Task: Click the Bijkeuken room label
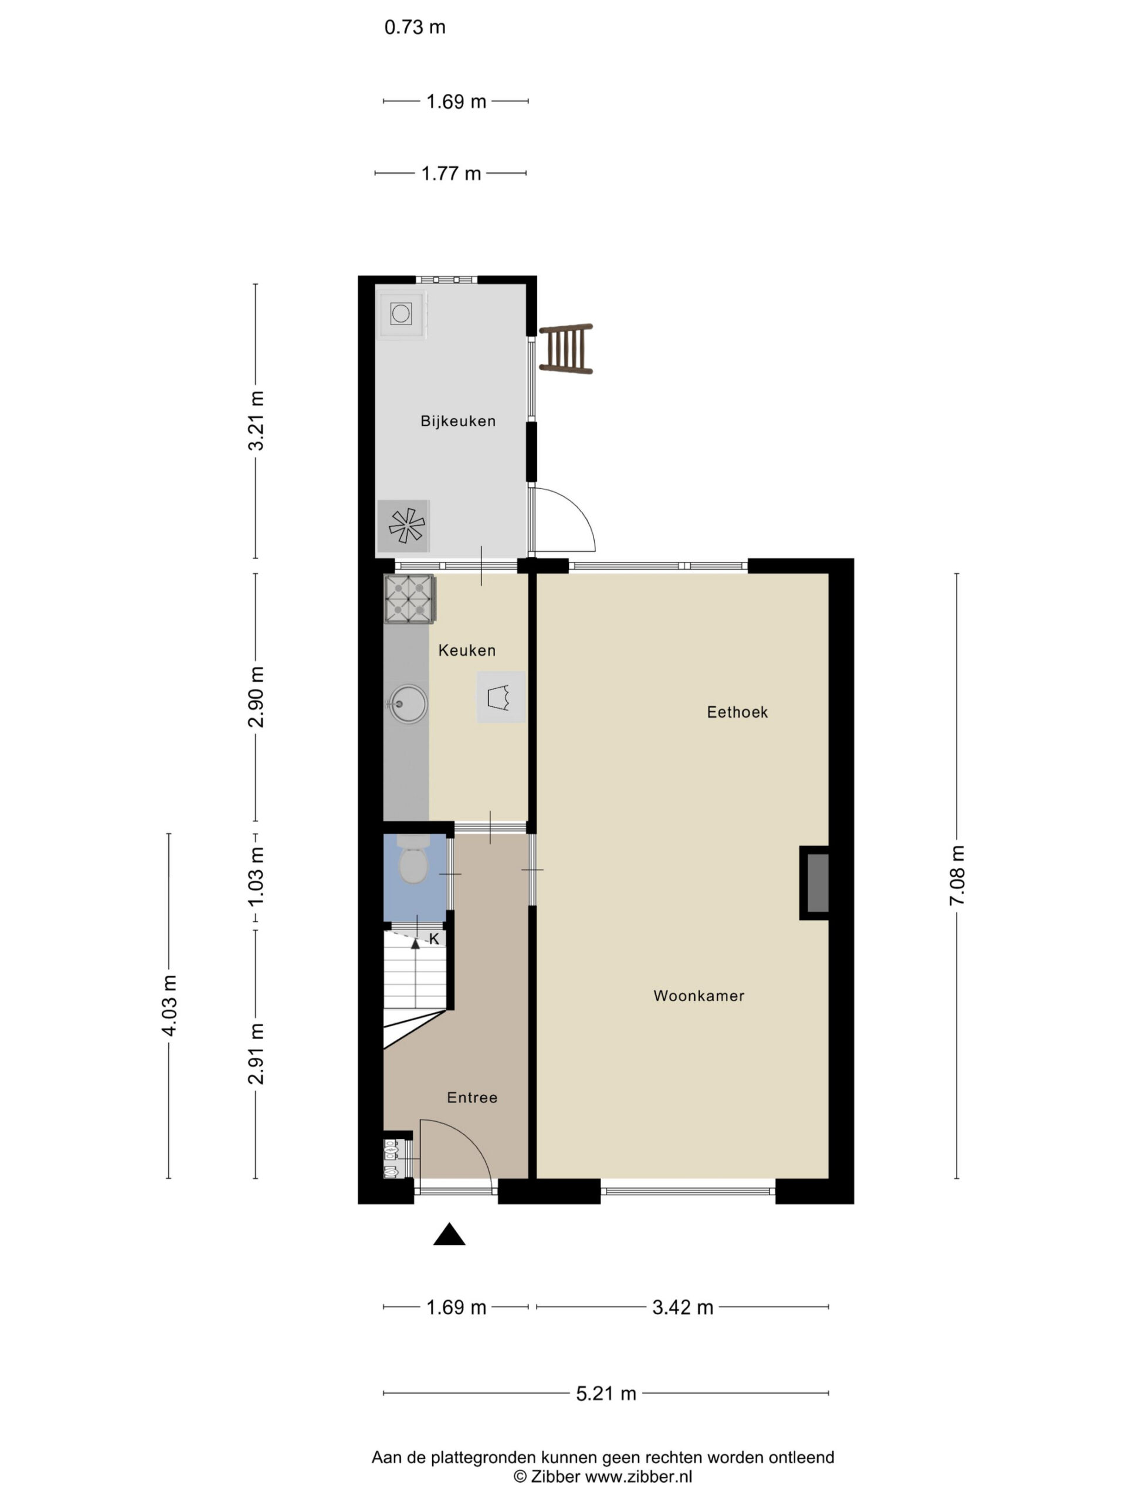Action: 457,421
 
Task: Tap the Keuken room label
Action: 466,651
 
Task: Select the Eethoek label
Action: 737,712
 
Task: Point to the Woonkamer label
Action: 698,996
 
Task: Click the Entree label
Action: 472,1098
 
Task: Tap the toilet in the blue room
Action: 413,860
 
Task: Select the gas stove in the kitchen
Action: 410,599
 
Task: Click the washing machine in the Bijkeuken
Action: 402,314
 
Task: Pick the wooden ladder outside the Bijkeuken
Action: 567,349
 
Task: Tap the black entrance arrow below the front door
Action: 449,1234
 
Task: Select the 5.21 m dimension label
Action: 606,1394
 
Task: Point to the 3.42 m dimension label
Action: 683,1308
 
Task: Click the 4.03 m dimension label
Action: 169,1006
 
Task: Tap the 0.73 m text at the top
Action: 415,27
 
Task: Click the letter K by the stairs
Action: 435,940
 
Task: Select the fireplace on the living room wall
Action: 815,883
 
